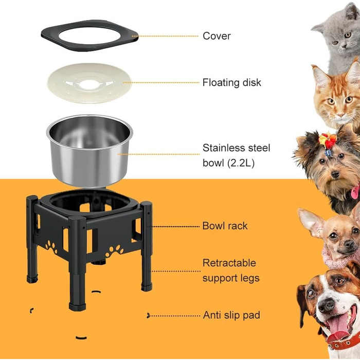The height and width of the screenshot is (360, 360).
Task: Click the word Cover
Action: click(217, 36)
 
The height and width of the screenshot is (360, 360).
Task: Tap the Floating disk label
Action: click(231, 82)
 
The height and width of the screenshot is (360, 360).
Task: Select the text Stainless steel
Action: click(236, 148)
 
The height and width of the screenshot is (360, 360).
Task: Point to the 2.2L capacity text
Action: click(241, 163)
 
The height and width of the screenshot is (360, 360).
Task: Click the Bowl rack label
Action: click(225, 226)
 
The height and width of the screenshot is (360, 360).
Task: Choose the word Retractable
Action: click(229, 263)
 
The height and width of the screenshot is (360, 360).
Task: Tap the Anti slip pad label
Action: click(231, 315)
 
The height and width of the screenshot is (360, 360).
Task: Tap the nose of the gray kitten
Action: click(344, 45)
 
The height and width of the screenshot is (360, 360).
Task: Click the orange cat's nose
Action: click(340, 114)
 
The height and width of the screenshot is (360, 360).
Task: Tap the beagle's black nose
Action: click(327, 305)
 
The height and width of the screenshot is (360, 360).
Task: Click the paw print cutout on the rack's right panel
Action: click(114, 251)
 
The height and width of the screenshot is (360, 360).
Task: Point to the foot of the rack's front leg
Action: click(77, 307)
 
